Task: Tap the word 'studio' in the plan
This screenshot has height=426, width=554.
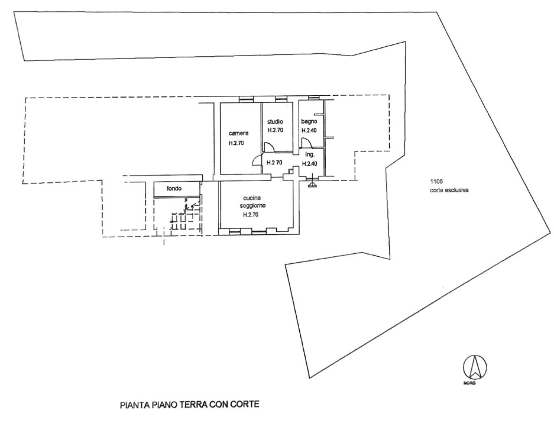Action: [x=276, y=121]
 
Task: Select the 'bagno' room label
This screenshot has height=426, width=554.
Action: [x=309, y=121]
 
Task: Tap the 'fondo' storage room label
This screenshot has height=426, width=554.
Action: [x=174, y=189]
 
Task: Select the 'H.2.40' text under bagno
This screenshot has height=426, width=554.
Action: [x=310, y=131]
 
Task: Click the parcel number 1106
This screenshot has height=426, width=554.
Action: [x=437, y=182]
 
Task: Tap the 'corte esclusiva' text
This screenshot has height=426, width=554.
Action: [x=449, y=191]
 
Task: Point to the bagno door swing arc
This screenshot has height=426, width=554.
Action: [x=306, y=142]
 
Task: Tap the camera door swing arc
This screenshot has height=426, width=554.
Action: [x=257, y=159]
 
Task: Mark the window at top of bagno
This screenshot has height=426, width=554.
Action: [x=313, y=98]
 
